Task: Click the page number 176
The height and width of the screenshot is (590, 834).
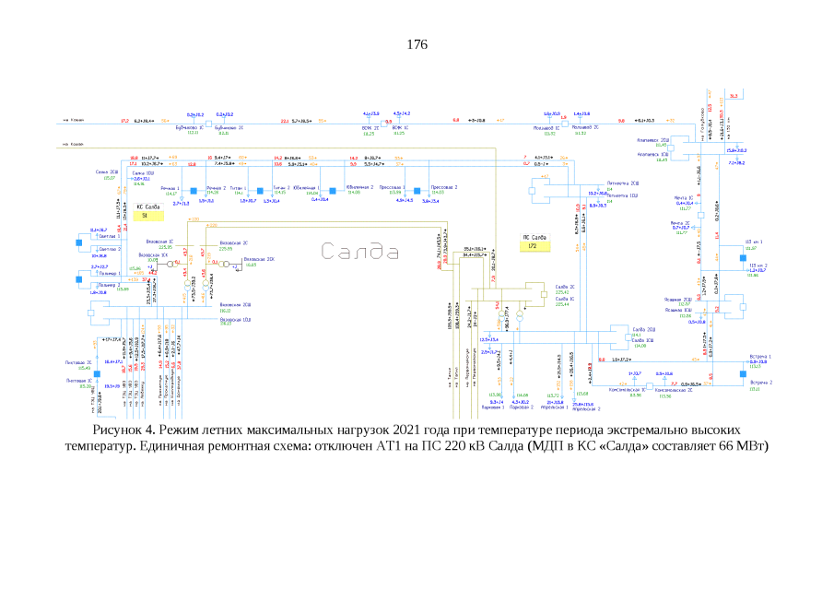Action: point(417,43)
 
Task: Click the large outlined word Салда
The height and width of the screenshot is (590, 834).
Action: point(360,251)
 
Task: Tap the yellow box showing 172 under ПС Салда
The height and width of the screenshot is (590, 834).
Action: point(533,247)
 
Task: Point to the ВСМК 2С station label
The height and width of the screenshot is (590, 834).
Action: point(372,128)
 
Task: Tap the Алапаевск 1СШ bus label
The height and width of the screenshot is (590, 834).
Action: point(653,154)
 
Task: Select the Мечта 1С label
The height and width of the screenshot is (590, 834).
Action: point(682,198)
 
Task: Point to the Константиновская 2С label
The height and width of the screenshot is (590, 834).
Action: point(673,390)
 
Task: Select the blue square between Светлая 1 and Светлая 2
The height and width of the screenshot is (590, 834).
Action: point(94,242)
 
